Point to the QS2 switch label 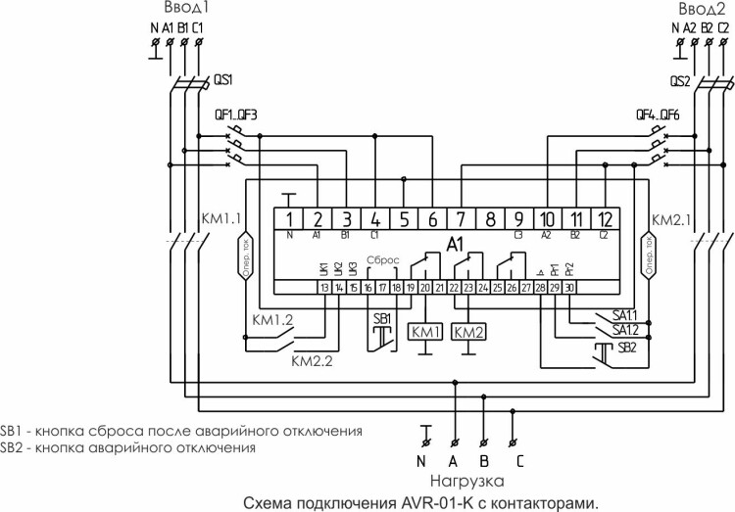click(x=681, y=82)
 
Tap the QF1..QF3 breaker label click(x=236, y=115)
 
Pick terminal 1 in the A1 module click(x=290, y=218)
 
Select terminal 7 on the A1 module click(x=462, y=218)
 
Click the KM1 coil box click(x=427, y=331)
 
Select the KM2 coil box click(x=469, y=331)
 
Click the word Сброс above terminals click(x=382, y=260)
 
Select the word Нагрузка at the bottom click(x=466, y=481)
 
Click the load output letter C click(x=518, y=460)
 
